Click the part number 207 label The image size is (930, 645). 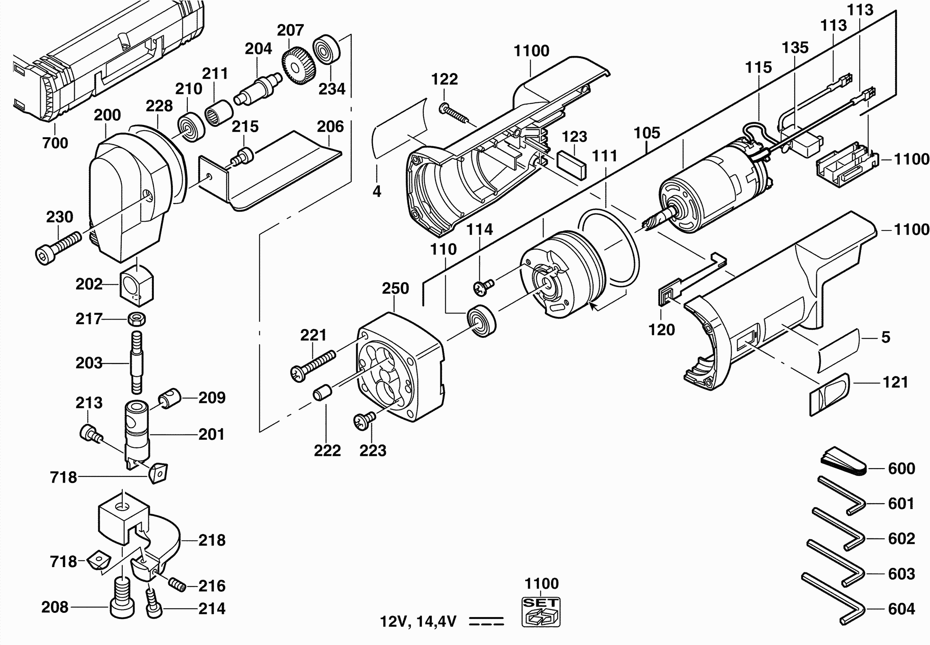tap(290, 30)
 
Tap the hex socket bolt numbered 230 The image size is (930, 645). tap(58, 248)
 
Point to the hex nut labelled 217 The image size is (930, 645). tap(137, 319)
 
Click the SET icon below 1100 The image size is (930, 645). tap(541, 612)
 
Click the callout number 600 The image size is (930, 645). tap(901, 468)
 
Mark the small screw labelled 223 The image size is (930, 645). tap(364, 421)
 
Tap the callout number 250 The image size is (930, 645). tap(395, 288)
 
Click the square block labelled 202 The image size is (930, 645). tap(137, 286)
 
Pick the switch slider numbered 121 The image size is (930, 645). tap(829, 394)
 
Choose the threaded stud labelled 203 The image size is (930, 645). tap(137, 363)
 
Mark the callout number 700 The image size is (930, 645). tap(55, 143)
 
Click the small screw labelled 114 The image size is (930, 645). tap(484, 287)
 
